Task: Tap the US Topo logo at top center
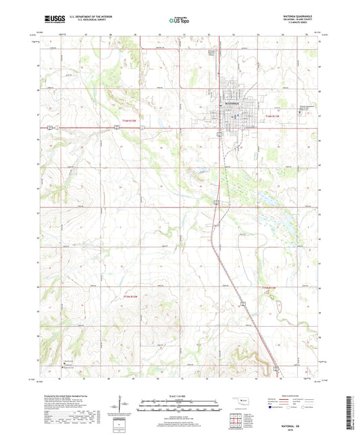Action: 180,20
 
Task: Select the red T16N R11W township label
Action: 272,118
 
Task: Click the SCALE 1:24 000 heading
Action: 180,395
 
